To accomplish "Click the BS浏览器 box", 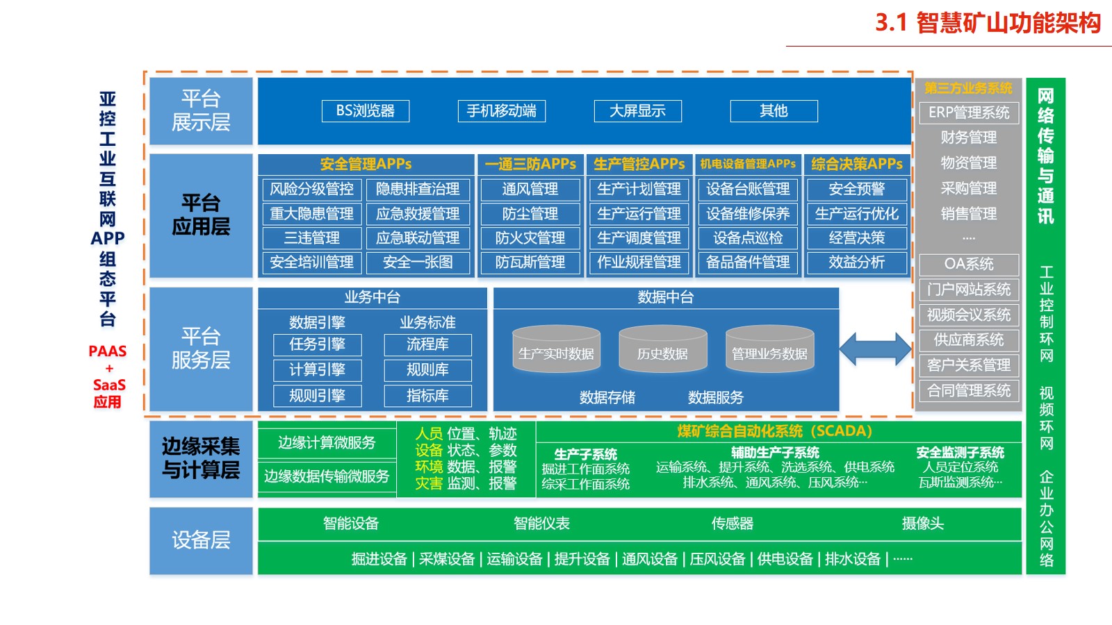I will [366, 111].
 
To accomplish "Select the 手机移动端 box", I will [502, 111].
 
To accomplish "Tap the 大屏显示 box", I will [637, 111].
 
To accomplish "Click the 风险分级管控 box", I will [312, 189].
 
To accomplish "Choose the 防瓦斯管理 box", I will [530, 262].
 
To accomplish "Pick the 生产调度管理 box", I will [639, 238].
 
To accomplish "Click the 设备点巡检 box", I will [748, 238].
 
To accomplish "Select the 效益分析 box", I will [857, 262].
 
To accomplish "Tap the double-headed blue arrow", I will [875, 349].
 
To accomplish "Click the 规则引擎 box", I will [318, 396].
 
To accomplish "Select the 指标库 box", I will [427, 396].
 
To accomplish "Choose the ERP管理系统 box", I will [969, 112].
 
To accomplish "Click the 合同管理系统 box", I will [969, 391].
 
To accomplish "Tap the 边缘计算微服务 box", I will [327, 443].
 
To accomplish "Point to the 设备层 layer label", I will [201, 540].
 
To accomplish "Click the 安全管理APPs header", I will [366, 165].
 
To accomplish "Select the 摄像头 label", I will [922, 524].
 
